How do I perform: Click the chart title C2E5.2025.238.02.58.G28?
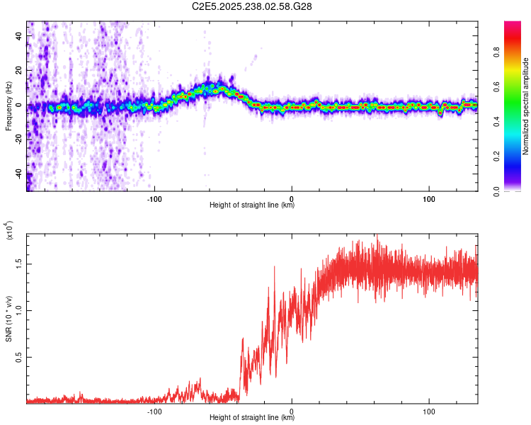pos(252,7)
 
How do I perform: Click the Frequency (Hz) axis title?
pos(8,106)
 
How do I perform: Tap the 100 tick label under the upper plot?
pos(429,198)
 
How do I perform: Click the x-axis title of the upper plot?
pos(252,206)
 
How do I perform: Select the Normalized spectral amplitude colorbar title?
pos(526,106)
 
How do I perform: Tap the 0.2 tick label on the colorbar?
pos(516,157)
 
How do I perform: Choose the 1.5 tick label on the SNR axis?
pos(18,263)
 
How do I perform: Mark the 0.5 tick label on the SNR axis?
pos(18,358)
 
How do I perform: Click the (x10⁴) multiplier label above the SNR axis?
pos(8,230)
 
